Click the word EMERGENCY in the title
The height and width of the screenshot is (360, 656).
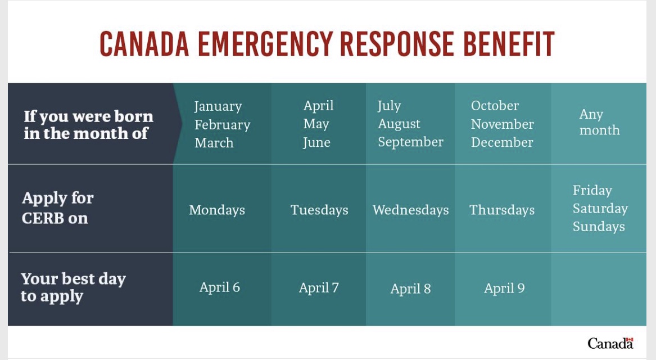point(265,44)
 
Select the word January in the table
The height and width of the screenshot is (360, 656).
point(218,107)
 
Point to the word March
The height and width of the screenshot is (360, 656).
point(214,143)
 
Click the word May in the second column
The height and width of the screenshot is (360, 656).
point(316,124)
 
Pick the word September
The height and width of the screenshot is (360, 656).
point(410,142)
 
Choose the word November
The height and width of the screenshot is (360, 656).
point(503,124)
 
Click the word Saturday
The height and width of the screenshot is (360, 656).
point(600,209)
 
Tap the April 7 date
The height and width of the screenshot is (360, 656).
point(319,288)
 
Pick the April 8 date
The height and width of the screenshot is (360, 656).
point(410,289)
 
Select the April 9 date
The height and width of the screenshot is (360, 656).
point(504,289)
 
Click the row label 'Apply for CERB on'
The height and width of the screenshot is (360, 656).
point(58,208)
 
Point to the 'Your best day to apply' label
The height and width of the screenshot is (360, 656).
point(73,287)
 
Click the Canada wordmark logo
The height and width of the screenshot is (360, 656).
point(610,343)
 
